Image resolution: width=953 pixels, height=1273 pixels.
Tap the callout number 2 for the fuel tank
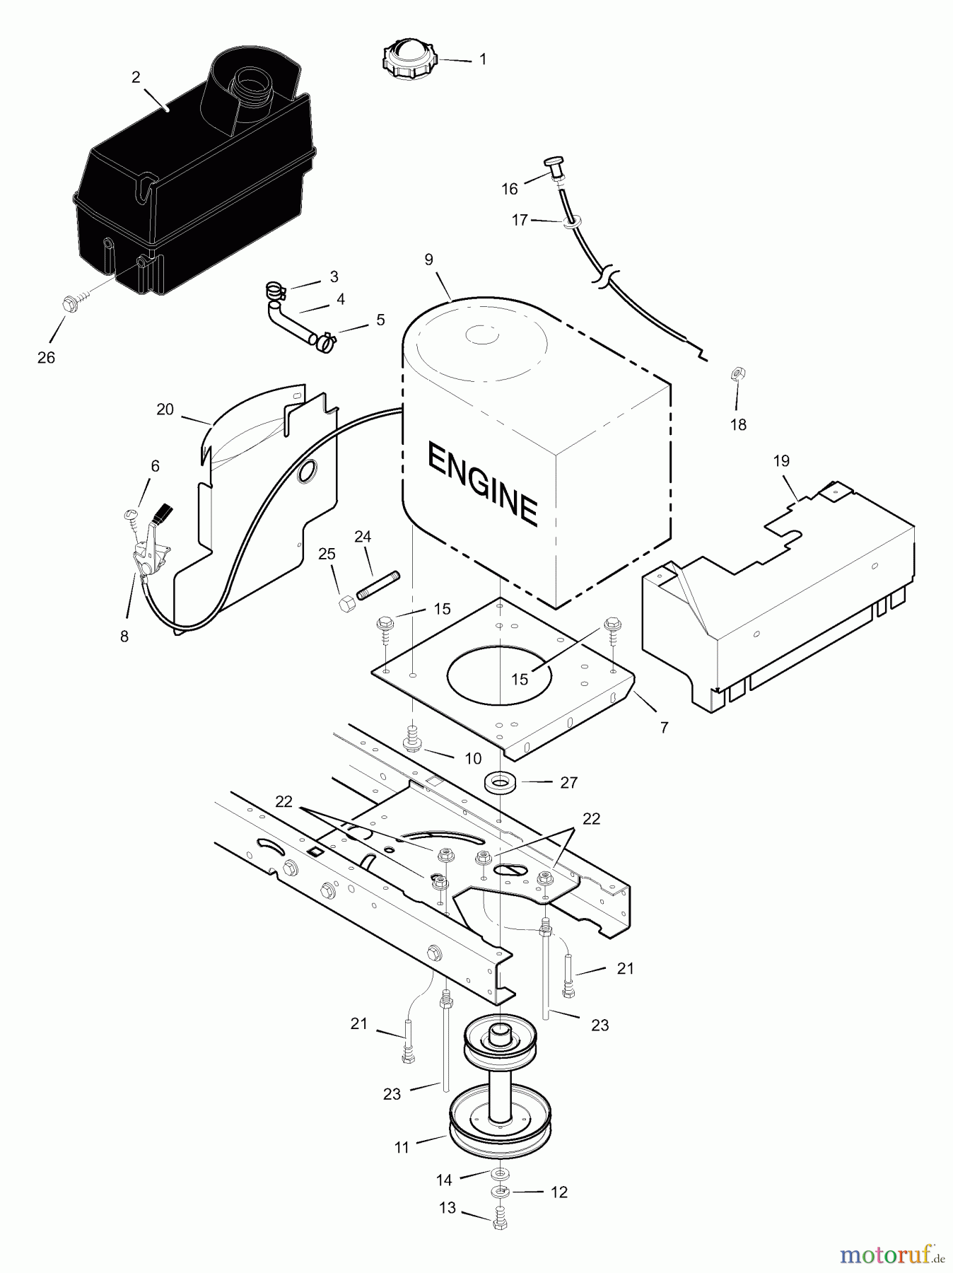point(136,77)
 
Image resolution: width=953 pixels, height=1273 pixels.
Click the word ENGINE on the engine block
point(482,484)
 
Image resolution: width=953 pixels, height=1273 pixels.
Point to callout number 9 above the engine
point(429,260)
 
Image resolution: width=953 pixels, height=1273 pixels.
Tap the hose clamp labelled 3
point(275,289)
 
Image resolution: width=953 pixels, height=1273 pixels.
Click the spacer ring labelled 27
point(501,783)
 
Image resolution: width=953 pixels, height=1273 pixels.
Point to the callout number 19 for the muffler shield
point(781,461)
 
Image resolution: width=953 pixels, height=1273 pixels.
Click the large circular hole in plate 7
point(499,675)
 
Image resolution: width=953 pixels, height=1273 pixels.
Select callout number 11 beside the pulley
point(402,1147)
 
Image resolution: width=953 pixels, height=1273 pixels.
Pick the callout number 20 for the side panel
point(165,409)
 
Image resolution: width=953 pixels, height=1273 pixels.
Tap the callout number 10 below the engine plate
point(473,759)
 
